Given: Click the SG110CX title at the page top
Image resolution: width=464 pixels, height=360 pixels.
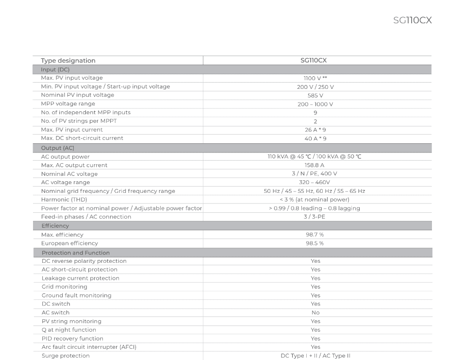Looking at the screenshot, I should [x=412, y=20].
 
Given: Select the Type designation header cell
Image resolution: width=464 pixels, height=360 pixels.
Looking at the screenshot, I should [x=68, y=61].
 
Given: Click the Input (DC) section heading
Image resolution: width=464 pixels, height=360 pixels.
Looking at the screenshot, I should [x=55, y=69].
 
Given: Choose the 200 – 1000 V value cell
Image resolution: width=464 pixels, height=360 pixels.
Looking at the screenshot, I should [x=315, y=104].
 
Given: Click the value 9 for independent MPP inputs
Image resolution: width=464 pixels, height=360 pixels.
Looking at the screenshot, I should [x=315, y=113].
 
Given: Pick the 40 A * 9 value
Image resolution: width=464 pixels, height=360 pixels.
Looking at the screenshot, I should [x=315, y=138].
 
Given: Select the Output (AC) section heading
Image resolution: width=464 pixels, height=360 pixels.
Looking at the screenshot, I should [x=58, y=148].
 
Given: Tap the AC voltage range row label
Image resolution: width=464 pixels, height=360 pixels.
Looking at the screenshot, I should [x=66, y=182].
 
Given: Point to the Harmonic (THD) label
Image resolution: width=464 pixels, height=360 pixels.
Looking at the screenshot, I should [x=64, y=200].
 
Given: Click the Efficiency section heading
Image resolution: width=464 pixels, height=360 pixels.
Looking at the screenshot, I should [x=55, y=226].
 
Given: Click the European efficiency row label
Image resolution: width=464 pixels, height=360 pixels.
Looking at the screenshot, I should [x=69, y=243].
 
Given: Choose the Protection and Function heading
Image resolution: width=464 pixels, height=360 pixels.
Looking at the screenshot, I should [x=76, y=253].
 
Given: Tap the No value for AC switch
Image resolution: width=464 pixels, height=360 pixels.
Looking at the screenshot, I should [x=315, y=313].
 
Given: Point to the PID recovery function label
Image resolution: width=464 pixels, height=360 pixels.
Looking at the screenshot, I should [x=72, y=339].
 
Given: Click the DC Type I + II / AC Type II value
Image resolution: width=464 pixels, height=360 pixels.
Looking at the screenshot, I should [x=315, y=356].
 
